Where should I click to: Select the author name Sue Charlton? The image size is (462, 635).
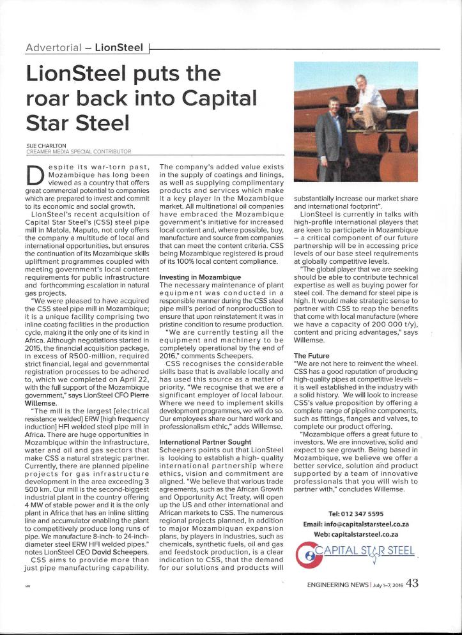[x=45, y=146]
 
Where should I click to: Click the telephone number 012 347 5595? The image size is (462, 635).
[x=356, y=514]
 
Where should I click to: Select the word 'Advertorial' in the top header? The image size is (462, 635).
[x=52, y=48]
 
